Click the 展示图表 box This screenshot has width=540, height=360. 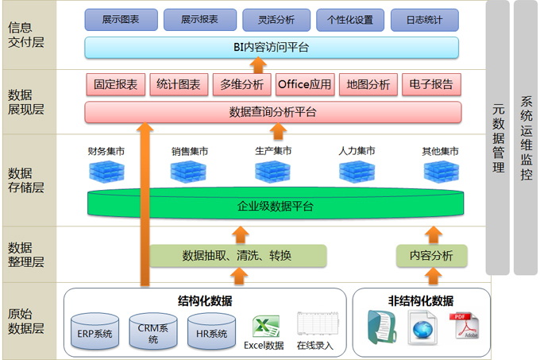(x=120, y=19)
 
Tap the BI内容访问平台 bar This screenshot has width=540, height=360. (x=272, y=48)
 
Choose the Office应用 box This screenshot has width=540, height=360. (x=305, y=84)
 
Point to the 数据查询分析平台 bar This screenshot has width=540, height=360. (x=272, y=112)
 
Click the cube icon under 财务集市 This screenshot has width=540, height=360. (x=106, y=170)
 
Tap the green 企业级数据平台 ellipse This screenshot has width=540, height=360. (x=275, y=206)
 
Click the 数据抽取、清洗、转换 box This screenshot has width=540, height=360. (x=237, y=255)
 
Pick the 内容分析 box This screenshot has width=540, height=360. (x=431, y=255)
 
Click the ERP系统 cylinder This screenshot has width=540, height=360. (x=94, y=331)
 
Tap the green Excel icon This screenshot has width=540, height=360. (x=264, y=326)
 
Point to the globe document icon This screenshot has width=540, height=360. (x=422, y=326)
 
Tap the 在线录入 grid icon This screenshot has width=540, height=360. (x=314, y=324)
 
